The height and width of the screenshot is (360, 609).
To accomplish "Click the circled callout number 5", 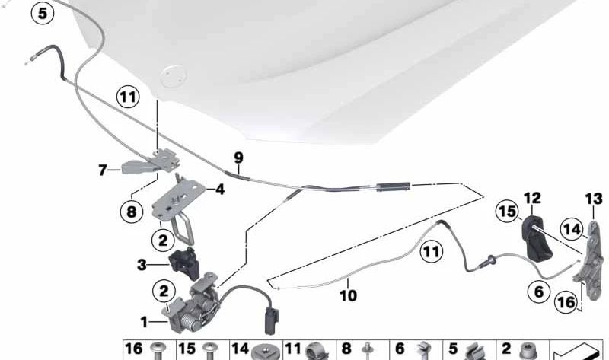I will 43,12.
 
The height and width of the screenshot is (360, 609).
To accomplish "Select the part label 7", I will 103,170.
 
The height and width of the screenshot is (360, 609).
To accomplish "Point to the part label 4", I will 220,189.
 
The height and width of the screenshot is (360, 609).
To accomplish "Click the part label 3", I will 142,265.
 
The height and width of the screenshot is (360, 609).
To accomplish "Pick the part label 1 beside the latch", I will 144,322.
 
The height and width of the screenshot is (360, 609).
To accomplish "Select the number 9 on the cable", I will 238,158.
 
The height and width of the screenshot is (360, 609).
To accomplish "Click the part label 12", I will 531,199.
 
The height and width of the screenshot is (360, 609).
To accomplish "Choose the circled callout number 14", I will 571,228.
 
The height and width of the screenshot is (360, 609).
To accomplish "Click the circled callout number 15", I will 506,210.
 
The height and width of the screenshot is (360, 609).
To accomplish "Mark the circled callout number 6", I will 538,290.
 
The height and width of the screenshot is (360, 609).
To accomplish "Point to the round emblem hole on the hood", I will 173,75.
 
